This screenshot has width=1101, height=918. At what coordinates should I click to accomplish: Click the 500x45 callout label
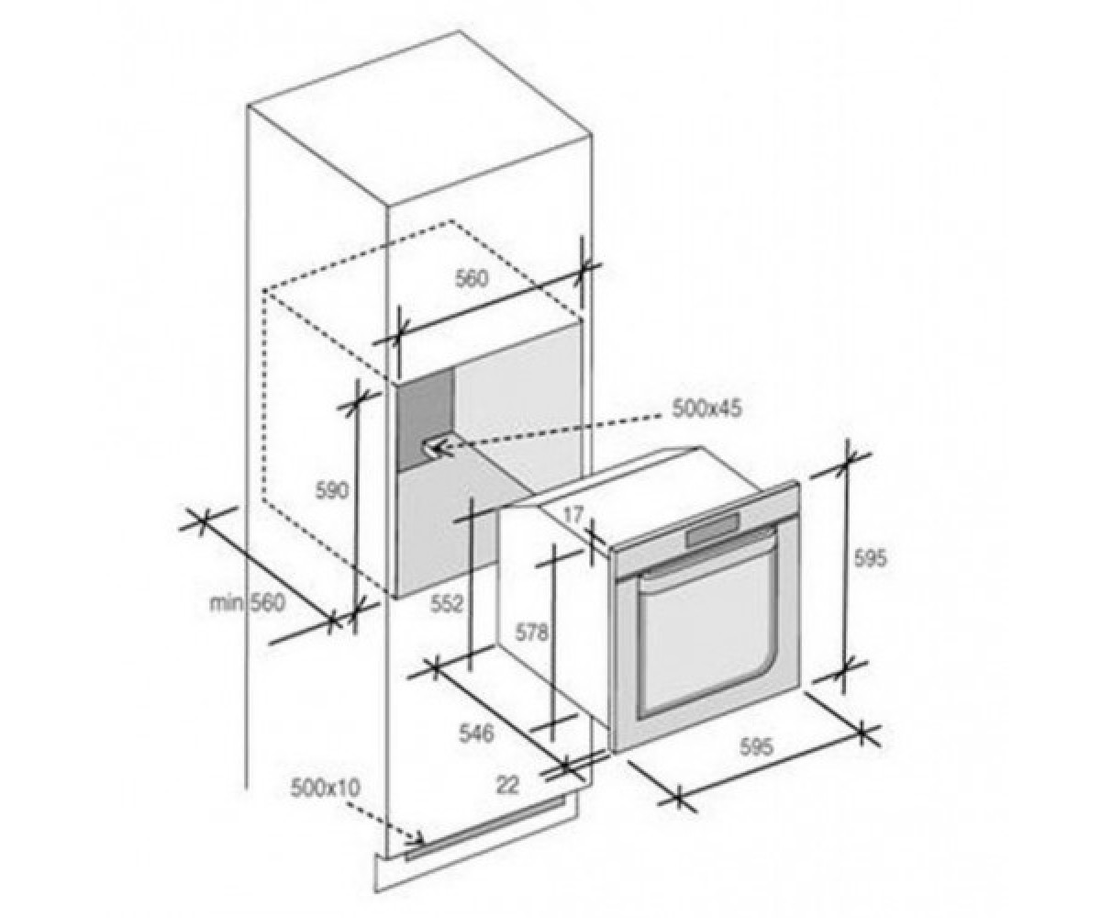point(707,409)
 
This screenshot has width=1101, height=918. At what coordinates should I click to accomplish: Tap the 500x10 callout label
point(324,789)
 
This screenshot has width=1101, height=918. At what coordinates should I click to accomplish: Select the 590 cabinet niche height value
point(331,490)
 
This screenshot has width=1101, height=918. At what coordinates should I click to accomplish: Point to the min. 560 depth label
point(248,603)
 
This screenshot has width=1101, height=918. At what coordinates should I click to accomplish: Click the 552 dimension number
point(447,603)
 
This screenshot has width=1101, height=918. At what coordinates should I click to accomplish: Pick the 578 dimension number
point(531,633)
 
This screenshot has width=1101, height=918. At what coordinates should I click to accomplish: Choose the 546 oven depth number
point(476,733)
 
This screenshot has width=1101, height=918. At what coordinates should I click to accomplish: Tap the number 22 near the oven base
point(507,786)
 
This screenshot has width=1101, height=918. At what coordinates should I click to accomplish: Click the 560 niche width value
point(472,279)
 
